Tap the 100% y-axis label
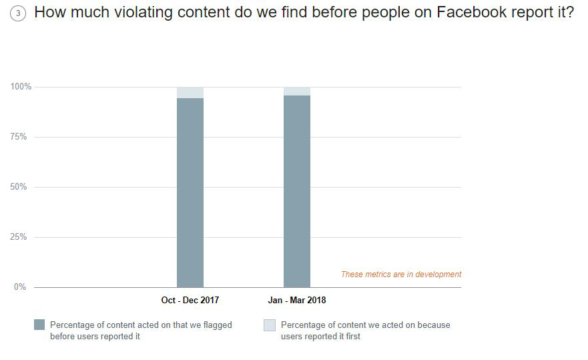(21, 87)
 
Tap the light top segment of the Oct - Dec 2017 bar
(190, 92)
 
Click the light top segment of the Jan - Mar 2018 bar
(297, 91)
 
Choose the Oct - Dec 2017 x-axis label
(190, 301)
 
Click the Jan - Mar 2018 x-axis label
(297, 301)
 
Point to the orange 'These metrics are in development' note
(401, 275)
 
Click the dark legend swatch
(39, 325)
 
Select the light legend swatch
(270, 325)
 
